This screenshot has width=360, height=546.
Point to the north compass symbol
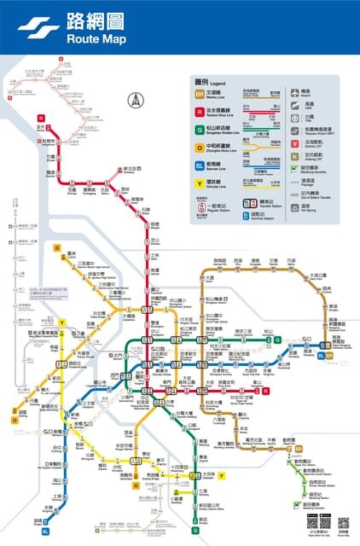point(134,102)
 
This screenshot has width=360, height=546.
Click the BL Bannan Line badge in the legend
point(199,167)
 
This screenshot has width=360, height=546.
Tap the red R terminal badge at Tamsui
point(39,119)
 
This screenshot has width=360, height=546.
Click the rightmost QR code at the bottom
point(343,522)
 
